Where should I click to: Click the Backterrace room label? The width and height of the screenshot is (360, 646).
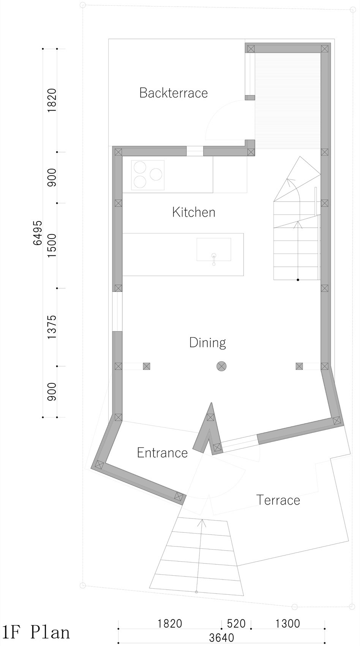(174, 93)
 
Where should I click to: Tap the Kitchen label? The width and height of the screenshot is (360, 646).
(194, 212)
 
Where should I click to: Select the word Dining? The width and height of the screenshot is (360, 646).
(207, 343)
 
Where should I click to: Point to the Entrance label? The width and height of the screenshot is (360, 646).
(162, 453)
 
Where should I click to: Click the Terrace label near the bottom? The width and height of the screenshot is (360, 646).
(278, 500)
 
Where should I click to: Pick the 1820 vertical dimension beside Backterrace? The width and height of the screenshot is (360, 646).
(52, 100)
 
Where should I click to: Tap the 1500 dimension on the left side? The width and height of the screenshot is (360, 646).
(52, 246)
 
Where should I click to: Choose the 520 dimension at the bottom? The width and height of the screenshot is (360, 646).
(236, 624)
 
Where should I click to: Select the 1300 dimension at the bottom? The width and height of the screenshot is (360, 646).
(287, 624)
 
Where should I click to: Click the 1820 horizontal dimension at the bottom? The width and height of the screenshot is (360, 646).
(170, 624)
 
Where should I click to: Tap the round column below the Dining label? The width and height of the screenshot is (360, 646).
(221, 366)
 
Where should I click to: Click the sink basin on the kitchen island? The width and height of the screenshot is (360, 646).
(214, 249)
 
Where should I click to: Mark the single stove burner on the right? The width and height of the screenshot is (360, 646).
(156, 174)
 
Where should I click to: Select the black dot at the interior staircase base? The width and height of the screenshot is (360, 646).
(298, 280)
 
